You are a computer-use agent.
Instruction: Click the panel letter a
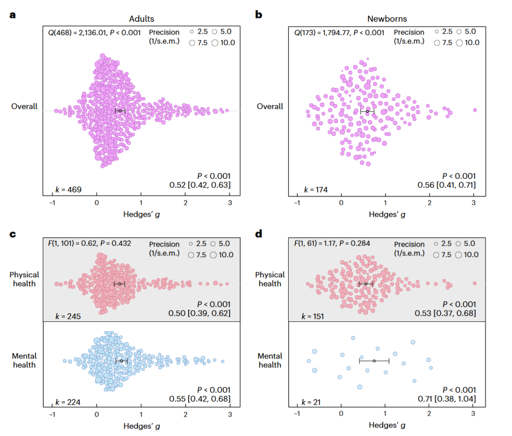pyautogui.click(x=12, y=15)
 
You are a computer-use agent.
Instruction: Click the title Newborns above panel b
pyautogui.click(x=387, y=19)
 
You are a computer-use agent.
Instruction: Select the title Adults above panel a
pyautogui.click(x=141, y=19)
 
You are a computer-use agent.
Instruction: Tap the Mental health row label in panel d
pyautogui.click(x=270, y=360)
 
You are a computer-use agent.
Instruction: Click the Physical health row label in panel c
pyautogui.click(x=24, y=279)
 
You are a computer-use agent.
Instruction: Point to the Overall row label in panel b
pyautogui.click(x=270, y=107)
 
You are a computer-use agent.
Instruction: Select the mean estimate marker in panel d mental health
pyautogui.click(x=374, y=361)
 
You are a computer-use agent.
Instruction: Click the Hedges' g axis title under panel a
pyautogui.click(x=142, y=214)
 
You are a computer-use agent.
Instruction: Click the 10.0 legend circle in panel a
pyautogui.click(x=215, y=43)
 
